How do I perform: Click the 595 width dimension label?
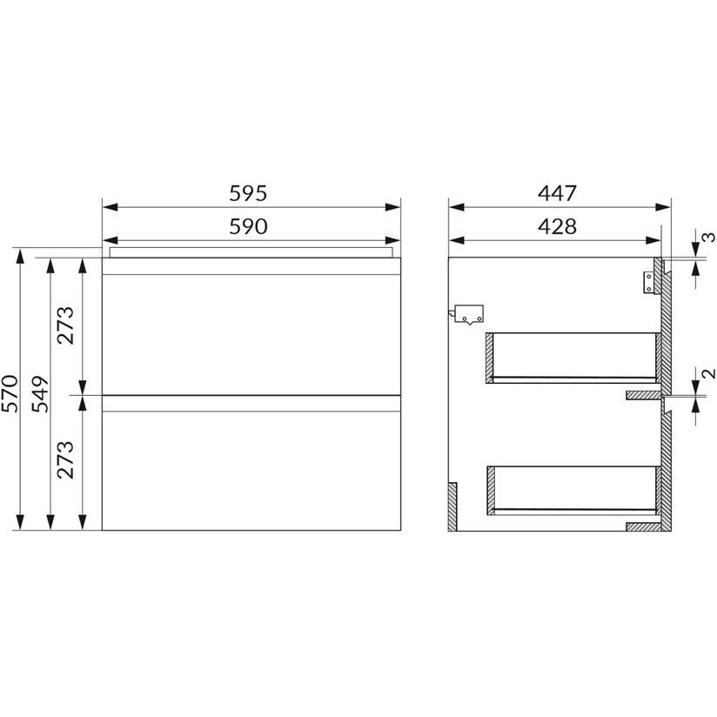(248, 193)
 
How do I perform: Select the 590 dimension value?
(248, 227)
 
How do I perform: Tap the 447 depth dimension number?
(557, 193)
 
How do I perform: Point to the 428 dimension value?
(557, 227)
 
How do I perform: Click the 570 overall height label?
(10, 393)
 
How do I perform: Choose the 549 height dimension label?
(40, 393)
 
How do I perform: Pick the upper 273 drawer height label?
(65, 325)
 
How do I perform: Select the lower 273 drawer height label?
(65, 460)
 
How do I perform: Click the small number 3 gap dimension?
(708, 238)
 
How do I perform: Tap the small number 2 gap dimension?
(708, 373)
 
